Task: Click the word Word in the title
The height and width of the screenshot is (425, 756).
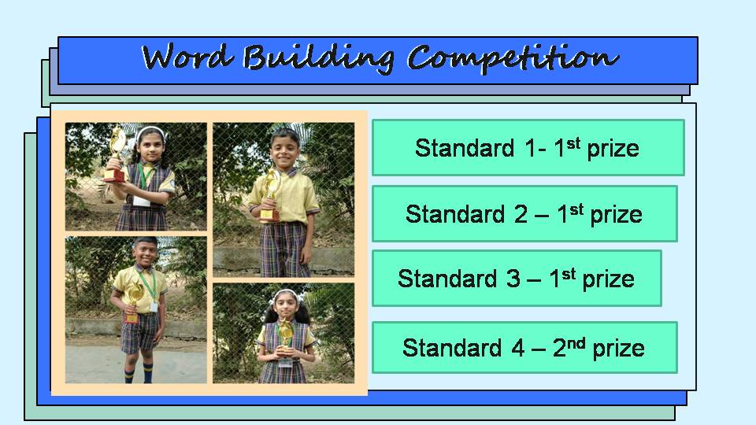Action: point(187,57)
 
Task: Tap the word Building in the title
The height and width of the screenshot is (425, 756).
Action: point(319,58)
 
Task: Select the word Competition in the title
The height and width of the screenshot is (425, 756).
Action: point(513,58)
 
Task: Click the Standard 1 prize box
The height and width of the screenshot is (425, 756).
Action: point(528,147)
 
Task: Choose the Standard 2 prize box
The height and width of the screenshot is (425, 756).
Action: point(524,213)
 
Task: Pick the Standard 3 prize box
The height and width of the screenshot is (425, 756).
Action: point(517,278)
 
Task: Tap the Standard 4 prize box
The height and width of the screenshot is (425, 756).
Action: point(524,347)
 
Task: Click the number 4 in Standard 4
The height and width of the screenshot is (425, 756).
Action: point(518,348)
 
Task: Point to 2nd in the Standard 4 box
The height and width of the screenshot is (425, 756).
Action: point(569,347)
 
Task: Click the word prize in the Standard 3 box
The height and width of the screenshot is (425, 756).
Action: point(609,279)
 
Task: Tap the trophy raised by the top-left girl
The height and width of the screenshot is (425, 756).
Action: point(117,154)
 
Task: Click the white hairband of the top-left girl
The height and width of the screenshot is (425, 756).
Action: point(150,132)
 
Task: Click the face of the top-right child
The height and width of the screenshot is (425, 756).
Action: point(284,150)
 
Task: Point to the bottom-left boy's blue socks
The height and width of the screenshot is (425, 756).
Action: point(139,372)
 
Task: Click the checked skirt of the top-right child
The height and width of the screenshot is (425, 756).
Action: point(283,249)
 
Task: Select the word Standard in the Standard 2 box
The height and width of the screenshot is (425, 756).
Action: point(455,214)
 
